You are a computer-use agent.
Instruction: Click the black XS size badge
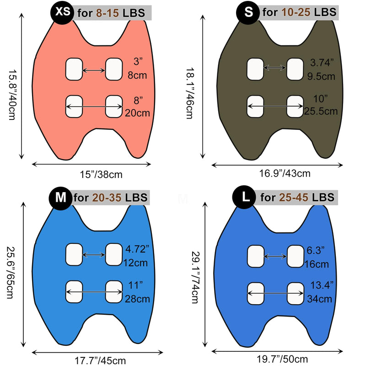point(62,12)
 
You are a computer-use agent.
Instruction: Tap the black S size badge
point(248,12)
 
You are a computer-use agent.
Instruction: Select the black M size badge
point(60,198)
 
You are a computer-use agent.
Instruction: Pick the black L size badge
point(244,198)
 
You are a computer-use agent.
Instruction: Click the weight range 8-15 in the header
point(108,13)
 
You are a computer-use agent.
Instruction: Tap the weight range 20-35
point(107,198)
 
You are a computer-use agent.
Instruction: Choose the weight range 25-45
point(294,198)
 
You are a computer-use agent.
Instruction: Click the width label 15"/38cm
point(101,175)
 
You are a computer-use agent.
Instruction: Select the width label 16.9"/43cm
point(285,173)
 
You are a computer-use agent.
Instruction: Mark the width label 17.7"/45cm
point(100,361)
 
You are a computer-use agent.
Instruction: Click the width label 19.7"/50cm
point(282,359)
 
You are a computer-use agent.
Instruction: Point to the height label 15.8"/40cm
point(12,95)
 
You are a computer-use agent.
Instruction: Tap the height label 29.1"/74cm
point(196,277)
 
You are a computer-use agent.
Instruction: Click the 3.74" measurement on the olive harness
point(322,63)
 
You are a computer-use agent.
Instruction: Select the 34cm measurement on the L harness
point(319,299)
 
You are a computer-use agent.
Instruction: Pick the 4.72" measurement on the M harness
point(137,249)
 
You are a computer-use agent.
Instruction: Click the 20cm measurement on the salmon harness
point(137,113)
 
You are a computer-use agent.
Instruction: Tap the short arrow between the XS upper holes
point(94,70)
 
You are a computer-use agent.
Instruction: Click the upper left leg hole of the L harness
point(256,256)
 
